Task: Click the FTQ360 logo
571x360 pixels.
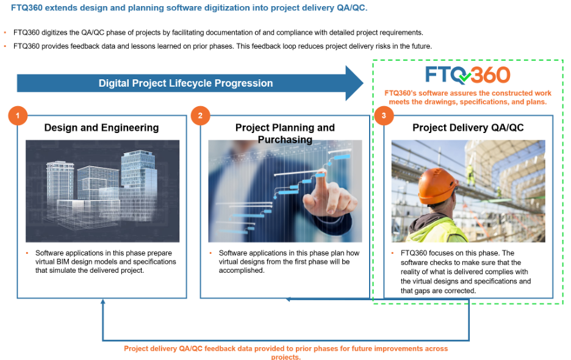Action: pyautogui.click(x=468, y=75)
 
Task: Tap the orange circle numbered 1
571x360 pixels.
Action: pyautogui.click(x=18, y=115)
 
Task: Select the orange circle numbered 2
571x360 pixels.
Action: pyautogui.click(x=200, y=115)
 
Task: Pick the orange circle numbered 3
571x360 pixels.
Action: pyautogui.click(x=383, y=115)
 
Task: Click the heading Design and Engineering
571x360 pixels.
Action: pyautogui.click(x=101, y=128)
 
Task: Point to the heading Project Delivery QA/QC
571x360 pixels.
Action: pyautogui.click(x=468, y=128)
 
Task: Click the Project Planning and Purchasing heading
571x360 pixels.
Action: pyautogui.click(x=285, y=133)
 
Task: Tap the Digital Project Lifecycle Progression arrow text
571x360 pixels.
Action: pyautogui.click(x=185, y=83)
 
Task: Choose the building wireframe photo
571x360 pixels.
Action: pyautogui.click(x=102, y=191)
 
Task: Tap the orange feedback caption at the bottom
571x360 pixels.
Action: pyautogui.click(x=285, y=352)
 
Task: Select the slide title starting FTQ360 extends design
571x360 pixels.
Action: pyautogui.click(x=189, y=8)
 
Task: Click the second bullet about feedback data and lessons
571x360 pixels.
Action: pyautogui.click(x=222, y=46)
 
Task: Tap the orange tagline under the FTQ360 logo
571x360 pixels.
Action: pyautogui.click(x=468, y=98)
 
